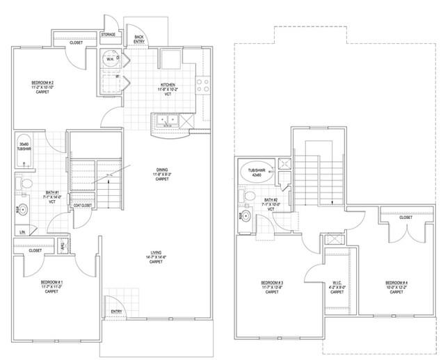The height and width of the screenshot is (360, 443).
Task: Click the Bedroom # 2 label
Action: [x=42, y=88]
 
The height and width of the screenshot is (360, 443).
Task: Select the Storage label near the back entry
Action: [x=108, y=33]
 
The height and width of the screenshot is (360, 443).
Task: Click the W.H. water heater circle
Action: [x=110, y=60]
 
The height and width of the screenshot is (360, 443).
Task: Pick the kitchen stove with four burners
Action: [x=202, y=85]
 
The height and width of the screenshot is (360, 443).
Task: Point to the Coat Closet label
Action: [x=82, y=206]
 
